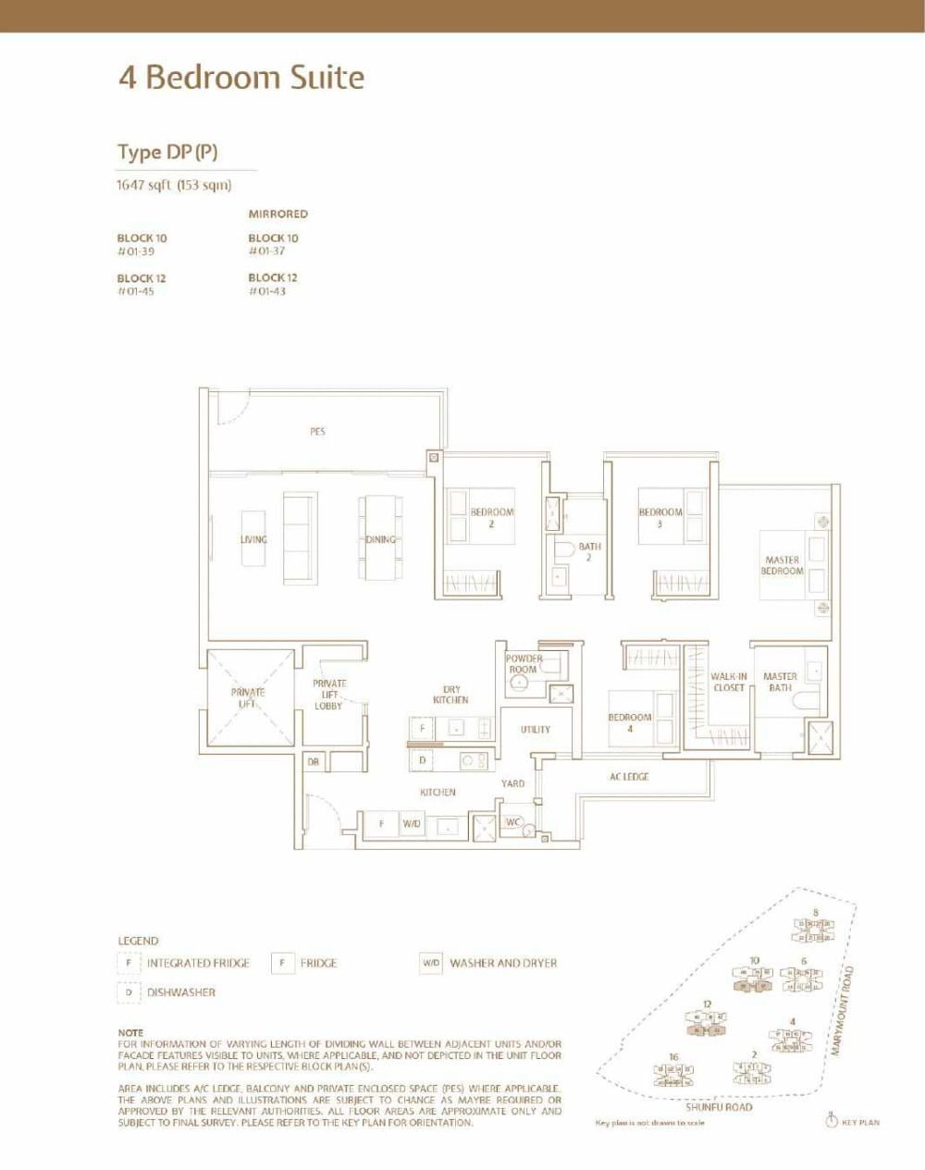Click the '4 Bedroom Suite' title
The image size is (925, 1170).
(x=240, y=78)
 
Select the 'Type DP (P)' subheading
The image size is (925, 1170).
(x=167, y=153)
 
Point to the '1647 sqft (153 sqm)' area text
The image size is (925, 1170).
(x=173, y=185)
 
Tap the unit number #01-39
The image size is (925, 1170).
(x=135, y=252)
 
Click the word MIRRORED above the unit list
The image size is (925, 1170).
(x=277, y=214)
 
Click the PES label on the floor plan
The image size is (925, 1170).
(x=317, y=431)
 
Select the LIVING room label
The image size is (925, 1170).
(x=253, y=539)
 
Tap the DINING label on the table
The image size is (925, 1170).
(x=380, y=539)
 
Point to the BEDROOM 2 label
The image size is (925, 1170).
(x=491, y=517)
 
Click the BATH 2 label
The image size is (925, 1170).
(x=589, y=551)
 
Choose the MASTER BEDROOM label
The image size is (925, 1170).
(x=782, y=565)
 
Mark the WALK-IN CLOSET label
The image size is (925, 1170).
(x=729, y=682)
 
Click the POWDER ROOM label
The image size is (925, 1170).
(x=523, y=664)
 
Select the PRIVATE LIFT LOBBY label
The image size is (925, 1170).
(x=328, y=695)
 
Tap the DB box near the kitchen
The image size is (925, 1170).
(x=313, y=762)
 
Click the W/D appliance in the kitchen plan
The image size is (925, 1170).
(x=411, y=823)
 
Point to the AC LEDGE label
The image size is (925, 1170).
(x=629, y=777)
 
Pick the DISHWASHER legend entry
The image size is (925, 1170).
(x=180, y=992)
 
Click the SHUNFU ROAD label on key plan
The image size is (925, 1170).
(x=719, y=1107)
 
